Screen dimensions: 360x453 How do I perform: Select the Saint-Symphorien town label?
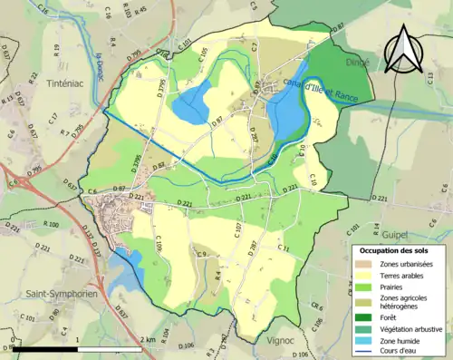click(x=56, y=294)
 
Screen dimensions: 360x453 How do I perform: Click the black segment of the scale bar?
click(x=44, y=348)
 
